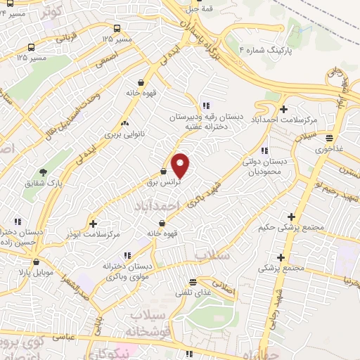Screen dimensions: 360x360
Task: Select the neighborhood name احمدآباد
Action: pos(162,205)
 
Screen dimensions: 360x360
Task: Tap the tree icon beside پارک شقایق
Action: pos(44,172)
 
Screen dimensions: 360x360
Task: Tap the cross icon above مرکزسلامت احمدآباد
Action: pos(283,109)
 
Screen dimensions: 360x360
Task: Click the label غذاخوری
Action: pos(329,150)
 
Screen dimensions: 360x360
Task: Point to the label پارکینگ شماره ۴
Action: pos(264,51)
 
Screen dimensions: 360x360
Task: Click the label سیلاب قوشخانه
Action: pos(146,323)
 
